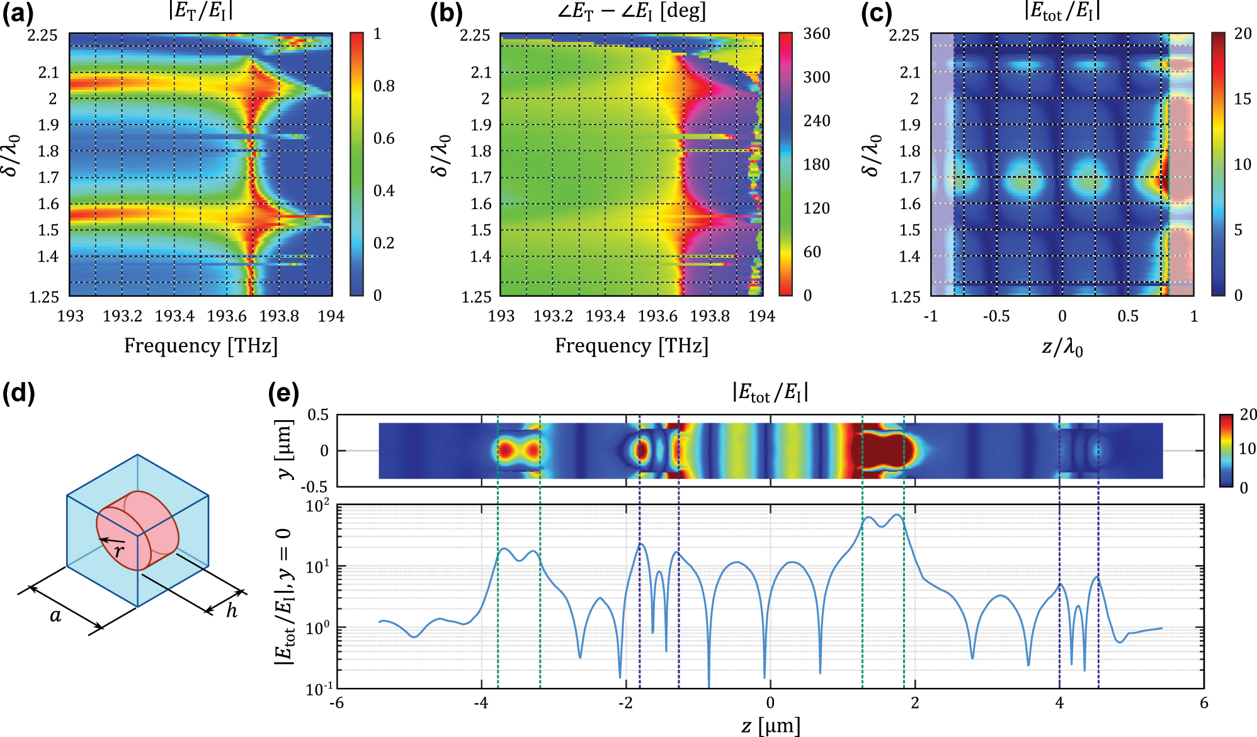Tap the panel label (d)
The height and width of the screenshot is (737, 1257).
point(18,394)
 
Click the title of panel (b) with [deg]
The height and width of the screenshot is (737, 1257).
point(631,12)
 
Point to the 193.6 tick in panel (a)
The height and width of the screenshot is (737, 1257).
point(227,316)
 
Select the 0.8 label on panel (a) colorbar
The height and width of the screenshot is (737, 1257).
point(384,86)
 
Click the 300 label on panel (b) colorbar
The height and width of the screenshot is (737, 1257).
point(816,77)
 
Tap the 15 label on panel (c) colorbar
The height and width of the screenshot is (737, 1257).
point(1242,99)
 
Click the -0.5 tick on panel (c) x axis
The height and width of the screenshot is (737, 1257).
point(996,316)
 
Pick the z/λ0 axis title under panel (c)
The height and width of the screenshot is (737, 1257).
point(1062,347)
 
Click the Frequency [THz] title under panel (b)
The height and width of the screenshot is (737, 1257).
point(631,346)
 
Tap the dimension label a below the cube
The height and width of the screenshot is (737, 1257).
point(55,615)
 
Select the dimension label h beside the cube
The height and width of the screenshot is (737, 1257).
point(232,610)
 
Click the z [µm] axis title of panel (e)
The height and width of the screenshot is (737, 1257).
point(770,726)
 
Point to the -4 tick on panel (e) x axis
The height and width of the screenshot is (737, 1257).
point(481,703)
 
